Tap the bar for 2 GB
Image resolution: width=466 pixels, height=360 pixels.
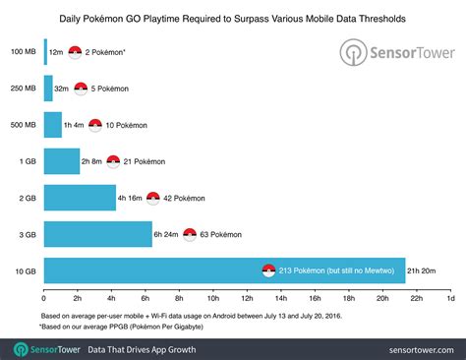(x=80, y=197)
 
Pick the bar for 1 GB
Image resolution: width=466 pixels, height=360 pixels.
(x=62, y=160)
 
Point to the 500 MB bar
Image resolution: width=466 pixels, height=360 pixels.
(x=53, y=125)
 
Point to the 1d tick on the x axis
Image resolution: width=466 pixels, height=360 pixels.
(x=450, y=296)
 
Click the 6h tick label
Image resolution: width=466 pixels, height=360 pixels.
(x=146, y=296)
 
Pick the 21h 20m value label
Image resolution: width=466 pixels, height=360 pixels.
(x=429, y=270)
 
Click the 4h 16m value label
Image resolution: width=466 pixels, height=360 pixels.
(x=131, y=197)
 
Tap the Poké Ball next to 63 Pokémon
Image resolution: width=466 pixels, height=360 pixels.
(x=190, y=234)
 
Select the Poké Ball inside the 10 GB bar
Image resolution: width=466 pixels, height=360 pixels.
(x=267, y=270)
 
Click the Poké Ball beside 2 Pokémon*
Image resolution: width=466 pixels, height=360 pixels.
(x=75, y=52)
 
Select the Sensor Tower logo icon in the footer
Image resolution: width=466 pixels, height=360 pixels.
(x=20, y=349)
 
